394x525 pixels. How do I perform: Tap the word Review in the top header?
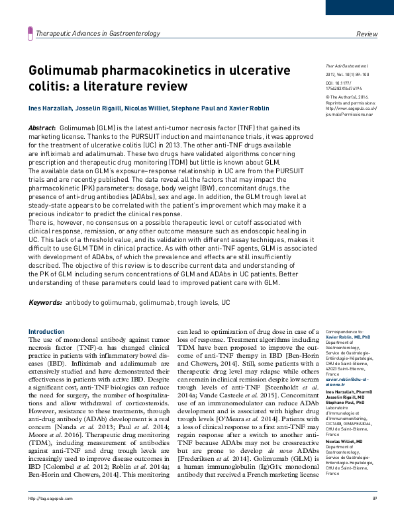tap(366, 33)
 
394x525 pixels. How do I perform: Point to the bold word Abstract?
tap(42, 127)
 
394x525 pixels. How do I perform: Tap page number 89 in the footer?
tap(374, 516)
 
